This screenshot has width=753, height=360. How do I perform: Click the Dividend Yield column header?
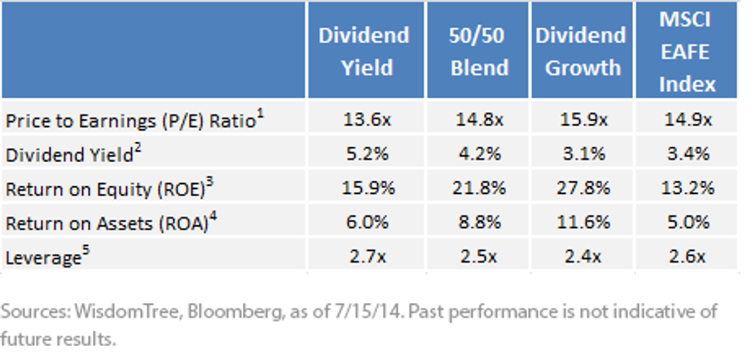364,51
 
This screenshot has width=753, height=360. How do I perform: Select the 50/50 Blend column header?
479,51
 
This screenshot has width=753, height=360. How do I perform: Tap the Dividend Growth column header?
581,51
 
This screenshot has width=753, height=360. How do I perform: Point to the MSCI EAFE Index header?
686,51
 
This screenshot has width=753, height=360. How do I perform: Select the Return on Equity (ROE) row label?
110,188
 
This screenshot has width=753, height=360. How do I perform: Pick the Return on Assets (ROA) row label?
111,222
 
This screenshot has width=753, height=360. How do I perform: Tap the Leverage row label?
48,256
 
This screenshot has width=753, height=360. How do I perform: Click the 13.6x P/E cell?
367,120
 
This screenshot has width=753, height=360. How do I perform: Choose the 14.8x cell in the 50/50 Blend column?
479,120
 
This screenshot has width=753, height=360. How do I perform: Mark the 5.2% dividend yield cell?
367,154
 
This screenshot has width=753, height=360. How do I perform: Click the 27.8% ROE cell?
583,188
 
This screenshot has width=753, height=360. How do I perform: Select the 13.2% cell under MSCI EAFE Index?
688,188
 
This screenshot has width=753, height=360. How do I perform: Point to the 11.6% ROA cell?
583,222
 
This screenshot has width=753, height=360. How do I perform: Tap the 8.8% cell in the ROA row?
479,222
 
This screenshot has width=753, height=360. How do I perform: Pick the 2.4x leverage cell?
582,257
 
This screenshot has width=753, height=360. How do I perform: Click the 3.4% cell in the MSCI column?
688,154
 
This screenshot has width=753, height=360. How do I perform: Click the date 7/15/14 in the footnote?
369,311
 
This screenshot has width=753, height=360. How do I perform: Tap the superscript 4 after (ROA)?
213,216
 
